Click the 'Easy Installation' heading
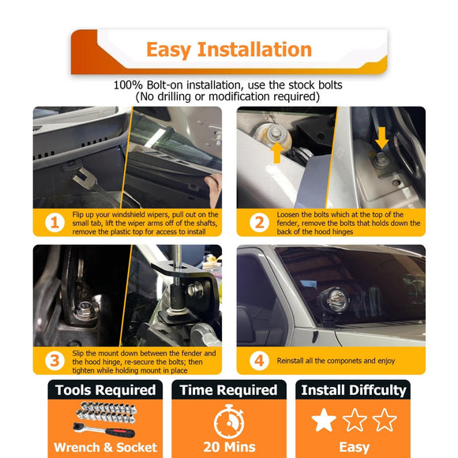coord(229,50)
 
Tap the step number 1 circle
coord(54,223)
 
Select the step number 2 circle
coord(259,223)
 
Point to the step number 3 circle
coord(54,360)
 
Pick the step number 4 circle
coord(259,360)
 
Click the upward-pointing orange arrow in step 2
coord(277,152)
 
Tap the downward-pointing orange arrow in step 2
coord(381,138)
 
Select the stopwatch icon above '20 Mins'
coord(229,421)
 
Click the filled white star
coord(324,420)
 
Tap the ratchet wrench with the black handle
coord(104,430)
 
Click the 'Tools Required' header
coord(106,390)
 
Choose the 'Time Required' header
coord(229,390)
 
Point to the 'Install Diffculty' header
coord(353,390)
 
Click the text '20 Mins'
coord(229,447)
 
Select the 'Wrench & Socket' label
coord(106,448)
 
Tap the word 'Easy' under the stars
coord(355,448)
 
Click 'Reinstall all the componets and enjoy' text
coord(336,361)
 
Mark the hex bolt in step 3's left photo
coord(85,309)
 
